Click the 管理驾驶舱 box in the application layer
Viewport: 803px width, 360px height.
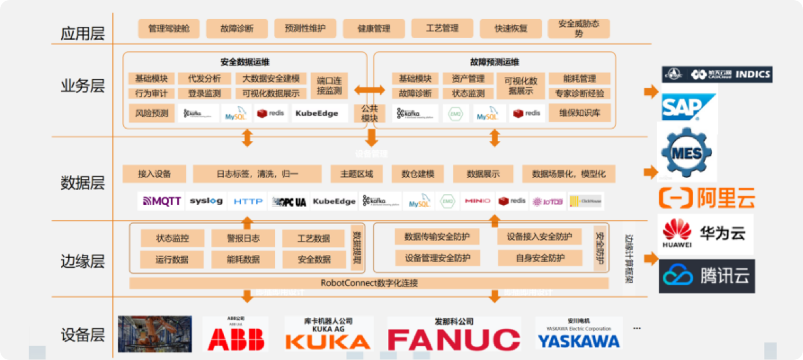169,29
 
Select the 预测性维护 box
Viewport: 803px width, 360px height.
305,29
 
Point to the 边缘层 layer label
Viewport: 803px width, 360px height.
82,261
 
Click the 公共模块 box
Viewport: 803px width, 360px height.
370,113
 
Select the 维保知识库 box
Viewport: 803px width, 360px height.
579,113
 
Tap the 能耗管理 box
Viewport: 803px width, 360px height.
579,79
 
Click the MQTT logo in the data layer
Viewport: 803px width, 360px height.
162,201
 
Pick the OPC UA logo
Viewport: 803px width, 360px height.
289,201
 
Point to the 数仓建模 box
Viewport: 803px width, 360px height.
417,174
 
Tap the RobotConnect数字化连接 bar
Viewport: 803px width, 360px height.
369,283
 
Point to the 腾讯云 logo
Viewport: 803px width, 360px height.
706,276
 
